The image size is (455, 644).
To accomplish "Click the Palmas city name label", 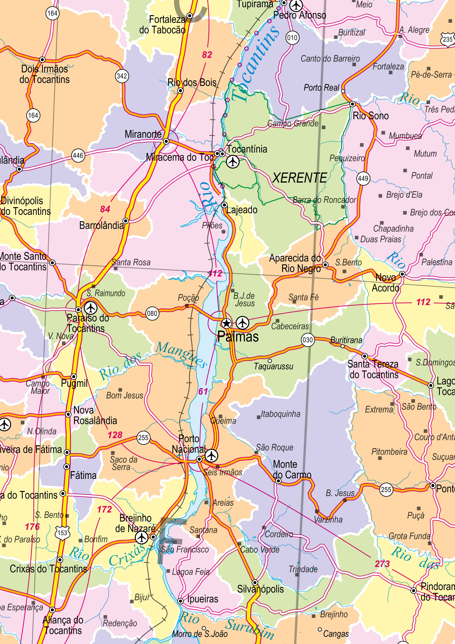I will pyautogui.click(x=238, y=337).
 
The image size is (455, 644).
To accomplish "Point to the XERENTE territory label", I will pyautogui.click(x=299, y=178).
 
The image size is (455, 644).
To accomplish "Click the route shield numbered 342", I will pyautogui.click(x=122, y=76).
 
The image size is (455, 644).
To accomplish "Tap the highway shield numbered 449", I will pyautogui.click(x=363, y=178).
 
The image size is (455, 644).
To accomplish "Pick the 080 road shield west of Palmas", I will pyautogui.click(x=152, y=313).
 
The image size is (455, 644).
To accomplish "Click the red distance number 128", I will pyautogui.click(x=115, y=435).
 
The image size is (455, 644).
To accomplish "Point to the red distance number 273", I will pyautogui.click(x=382, y=563).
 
